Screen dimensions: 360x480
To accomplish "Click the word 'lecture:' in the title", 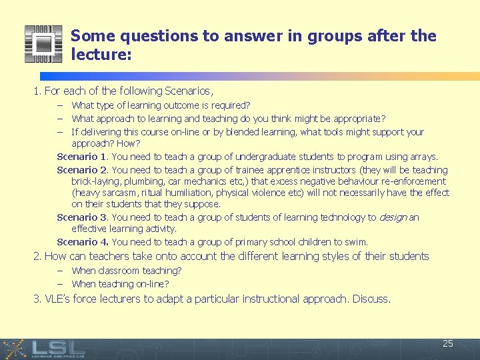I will coord(101,55).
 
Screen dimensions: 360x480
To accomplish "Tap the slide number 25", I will coord(448,343).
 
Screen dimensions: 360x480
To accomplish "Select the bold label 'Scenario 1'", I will coord(82,157).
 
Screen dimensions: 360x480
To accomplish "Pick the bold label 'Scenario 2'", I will coord(82,169).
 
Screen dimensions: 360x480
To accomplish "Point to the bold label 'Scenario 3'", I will coord(82,217).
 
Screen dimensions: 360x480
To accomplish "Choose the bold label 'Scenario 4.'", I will coord(83,242).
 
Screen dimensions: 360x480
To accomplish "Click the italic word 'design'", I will coord(392,217).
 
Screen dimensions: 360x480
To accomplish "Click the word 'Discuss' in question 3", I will coord(371,299).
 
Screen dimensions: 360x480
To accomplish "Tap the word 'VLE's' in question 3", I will coord(57,299).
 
